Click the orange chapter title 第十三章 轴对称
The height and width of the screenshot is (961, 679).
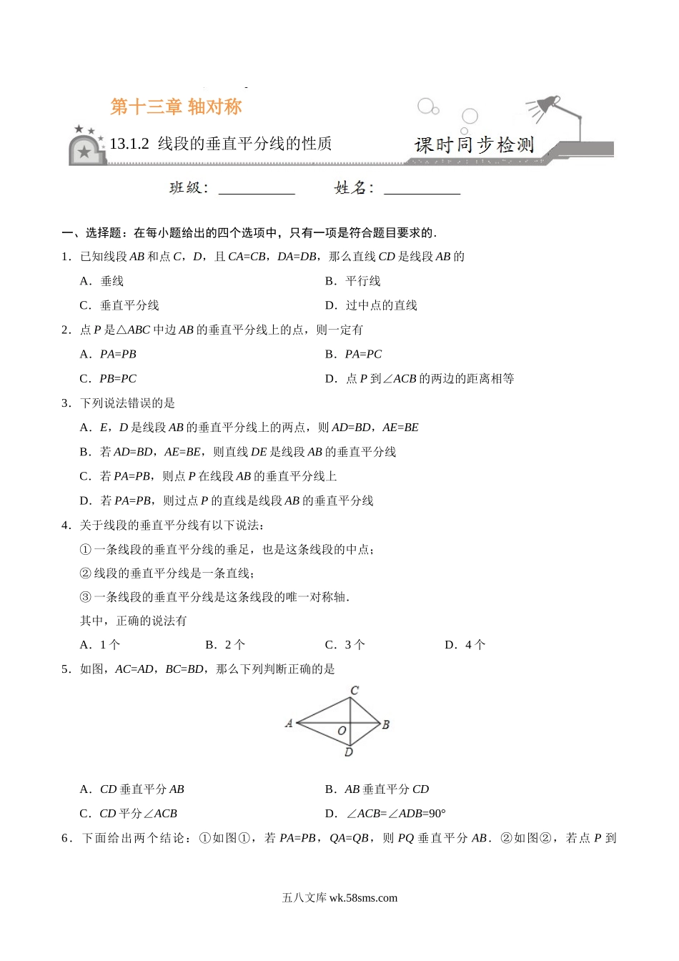(x=177, y=107)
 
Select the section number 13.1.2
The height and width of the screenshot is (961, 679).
(x=129, y=144)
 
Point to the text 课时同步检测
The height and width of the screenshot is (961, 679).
(x=474, y=145)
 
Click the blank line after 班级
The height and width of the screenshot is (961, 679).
(x=257, y=189)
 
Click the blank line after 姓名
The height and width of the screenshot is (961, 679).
(x=422, y=189)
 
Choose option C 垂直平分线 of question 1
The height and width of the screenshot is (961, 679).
(x=120, y=305)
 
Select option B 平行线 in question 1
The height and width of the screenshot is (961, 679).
(x=353, y=281)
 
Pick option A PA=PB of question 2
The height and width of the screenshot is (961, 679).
(x=109, y=354)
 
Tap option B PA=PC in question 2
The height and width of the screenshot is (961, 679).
(x=354, y=354)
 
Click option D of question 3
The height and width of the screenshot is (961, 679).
(x=227, y=501)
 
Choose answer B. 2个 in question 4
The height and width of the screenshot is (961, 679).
(x=225, y=645)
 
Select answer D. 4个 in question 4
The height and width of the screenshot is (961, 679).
(x=465, y=645)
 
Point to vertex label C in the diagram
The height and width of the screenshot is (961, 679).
(x=355, y=691)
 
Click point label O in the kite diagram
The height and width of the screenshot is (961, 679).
(x=342, y=731)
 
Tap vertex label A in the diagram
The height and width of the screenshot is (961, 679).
(x=289, y=724)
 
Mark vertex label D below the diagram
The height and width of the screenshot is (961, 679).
(x=349, y=752)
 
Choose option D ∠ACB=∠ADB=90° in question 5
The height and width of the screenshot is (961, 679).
(x=385, y=814)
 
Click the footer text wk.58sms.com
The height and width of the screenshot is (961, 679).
(x=363, y=898)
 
